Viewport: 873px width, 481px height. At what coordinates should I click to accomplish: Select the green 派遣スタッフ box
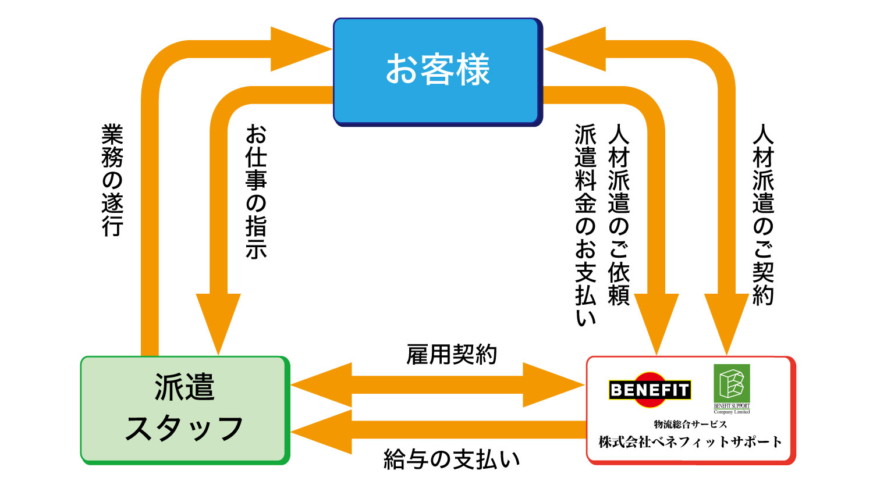184,409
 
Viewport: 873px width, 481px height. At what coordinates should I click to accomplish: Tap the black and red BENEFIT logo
650,390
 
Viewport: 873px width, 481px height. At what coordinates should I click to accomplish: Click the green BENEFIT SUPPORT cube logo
732,384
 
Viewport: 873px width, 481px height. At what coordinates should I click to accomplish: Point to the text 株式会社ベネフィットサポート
690,442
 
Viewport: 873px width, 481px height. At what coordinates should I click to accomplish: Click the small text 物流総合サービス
690,425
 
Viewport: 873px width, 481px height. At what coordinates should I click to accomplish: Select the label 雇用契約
452,354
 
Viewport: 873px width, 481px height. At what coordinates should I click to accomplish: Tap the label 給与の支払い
452,459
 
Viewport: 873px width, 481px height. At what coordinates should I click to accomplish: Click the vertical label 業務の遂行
112,180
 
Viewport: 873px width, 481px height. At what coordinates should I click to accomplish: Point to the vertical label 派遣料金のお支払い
585,224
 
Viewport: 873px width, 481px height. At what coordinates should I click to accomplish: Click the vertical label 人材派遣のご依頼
619,215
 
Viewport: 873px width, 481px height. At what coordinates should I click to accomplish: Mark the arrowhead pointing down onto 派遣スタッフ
218,320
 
